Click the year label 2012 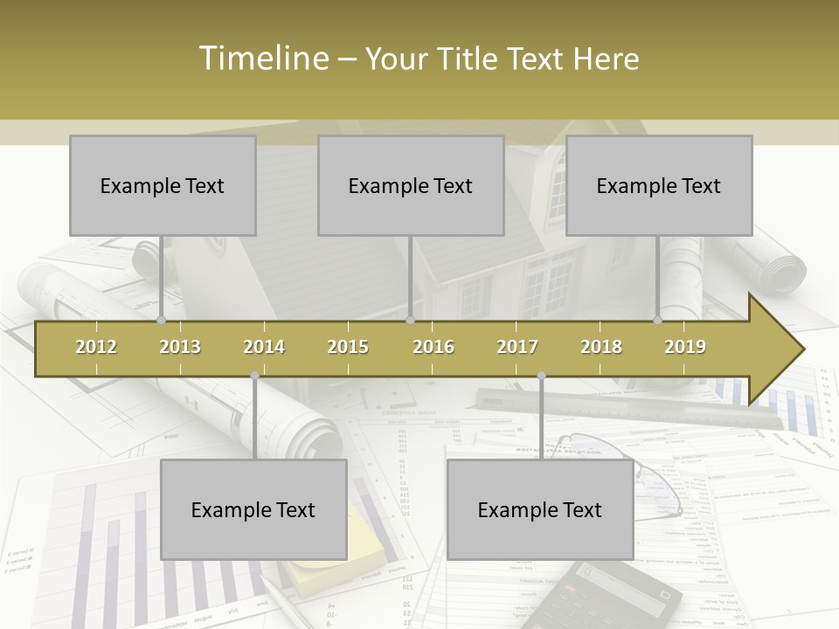click(x=96, y=347)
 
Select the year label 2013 click(x=180, y=347)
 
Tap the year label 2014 click(x=264, y=347)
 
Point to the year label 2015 click(x=348, y=347)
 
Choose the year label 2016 click(x=433, y=347)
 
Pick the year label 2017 click(x=517, y=347)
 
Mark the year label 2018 click(x=601, y=347)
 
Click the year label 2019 click(x=685, y=347)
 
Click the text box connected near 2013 click(x=163, y=185)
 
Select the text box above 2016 click(x=411, y=185)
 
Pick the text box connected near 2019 click(x=659, y=185)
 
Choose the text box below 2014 click(x=253, y=509)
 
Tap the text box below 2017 click(x=540, y=509)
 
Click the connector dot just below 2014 click(x=254, y=376)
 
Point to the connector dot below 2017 click(x=541, y=376)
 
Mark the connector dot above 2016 click(x=410, y=320)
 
